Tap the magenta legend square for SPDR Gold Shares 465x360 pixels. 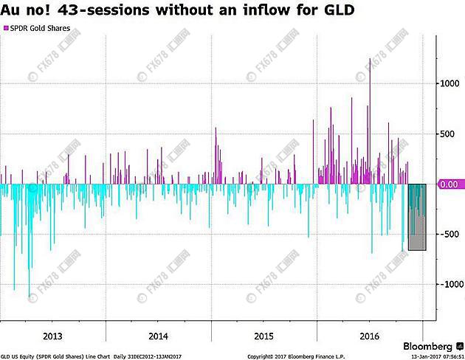pyautogui.click(x=6, y=27)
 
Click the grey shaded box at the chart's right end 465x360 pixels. pyautogui.click(x=417, y=217)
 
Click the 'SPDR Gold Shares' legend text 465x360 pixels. pyautogui.click(x=38, y=27)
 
